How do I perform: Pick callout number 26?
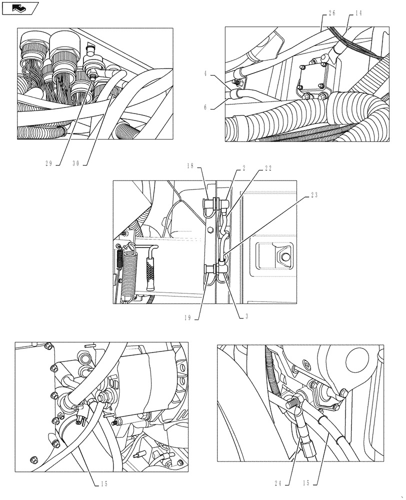pyautogui.click(x=332, y=14)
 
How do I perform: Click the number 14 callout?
pyautogui.click(x=358, y=14)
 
